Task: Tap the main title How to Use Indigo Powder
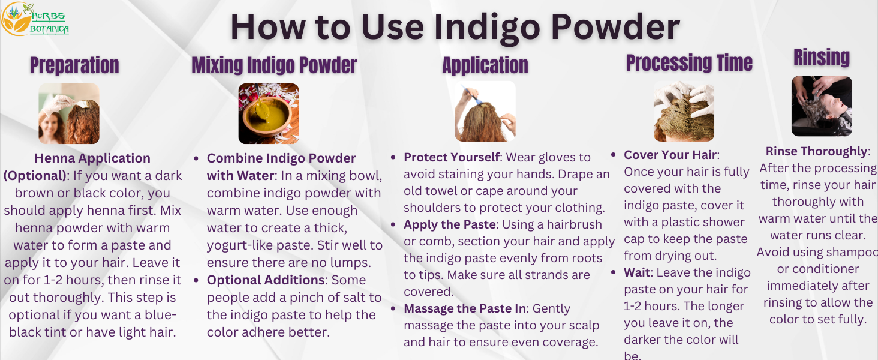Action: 455,27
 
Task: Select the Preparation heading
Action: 74,65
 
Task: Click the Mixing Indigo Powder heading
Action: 274,65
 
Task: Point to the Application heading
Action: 485,65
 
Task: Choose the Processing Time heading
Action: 689,63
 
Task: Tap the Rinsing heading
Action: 822,58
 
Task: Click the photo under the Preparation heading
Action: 69,113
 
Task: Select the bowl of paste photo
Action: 269,113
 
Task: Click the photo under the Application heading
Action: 485,111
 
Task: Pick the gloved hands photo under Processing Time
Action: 684,111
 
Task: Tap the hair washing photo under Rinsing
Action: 822,106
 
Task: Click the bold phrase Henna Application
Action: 92,158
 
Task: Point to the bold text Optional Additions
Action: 264,280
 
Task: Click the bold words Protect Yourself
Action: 452,157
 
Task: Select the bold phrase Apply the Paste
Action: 449,224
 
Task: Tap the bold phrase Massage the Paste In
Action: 465,308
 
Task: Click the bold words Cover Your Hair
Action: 671,155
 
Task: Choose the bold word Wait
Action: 637,272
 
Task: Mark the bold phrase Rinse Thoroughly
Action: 816,151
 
